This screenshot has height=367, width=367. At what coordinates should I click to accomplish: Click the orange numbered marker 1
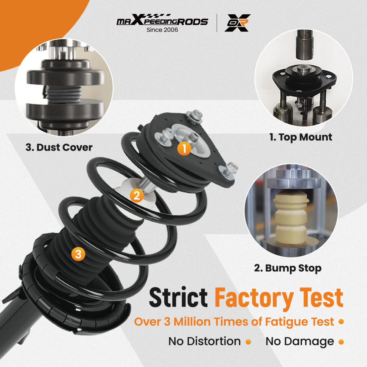coord(184,148)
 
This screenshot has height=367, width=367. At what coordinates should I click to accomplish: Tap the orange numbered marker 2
coord(137,196)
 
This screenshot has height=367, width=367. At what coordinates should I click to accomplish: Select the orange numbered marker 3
coord(78,254)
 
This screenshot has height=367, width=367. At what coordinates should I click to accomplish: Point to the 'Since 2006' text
coord(162,30)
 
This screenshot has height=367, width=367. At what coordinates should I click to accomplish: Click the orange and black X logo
coord(237,23)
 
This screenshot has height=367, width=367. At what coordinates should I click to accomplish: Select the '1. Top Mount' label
coord(301,137)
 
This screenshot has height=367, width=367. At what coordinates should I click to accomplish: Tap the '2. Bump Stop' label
coord(288,268)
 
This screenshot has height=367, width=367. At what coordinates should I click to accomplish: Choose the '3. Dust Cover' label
coord(59,148)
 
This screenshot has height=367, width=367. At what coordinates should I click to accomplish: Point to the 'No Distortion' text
coord(204,341)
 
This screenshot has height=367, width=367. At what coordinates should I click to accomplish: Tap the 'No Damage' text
coord(300,341)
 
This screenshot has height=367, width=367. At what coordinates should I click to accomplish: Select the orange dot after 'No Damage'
coord(341,342)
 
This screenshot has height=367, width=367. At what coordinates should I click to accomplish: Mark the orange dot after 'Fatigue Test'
coord(341,322)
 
